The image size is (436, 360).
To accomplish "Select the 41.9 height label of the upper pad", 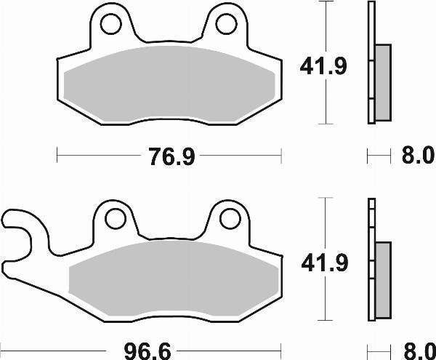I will click(323, 67).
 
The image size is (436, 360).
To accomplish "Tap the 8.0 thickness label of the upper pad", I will click(416, 156).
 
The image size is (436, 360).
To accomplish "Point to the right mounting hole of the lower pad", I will click(229, 217).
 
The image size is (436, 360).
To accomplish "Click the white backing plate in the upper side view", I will click(371, 29).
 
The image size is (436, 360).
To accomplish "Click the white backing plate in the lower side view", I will click(372, 218).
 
